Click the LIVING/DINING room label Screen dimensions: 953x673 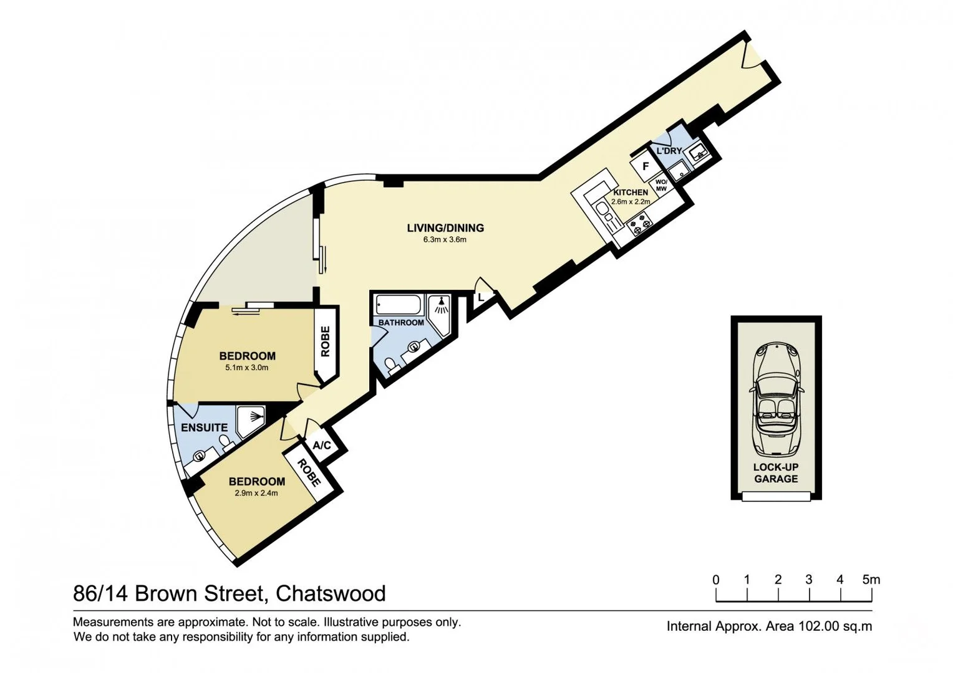[x=445, y=228]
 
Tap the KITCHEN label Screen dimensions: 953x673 [x=631, y=193]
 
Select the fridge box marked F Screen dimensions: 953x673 [x=646, y=166]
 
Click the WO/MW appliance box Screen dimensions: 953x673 [x=660, y=186]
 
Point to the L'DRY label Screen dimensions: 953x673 [x=669, y=151]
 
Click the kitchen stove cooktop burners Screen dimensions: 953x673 [x=640, y=223]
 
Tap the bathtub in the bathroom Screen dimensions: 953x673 [x=399, y=305]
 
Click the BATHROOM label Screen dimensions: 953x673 [x=401, y=323]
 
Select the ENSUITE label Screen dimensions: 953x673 [x=204, y=427]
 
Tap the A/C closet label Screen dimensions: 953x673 [x=322, y=446]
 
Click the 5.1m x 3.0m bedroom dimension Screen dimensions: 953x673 [x=247, y=368]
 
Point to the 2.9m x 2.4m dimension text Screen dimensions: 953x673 [x=256, y=493]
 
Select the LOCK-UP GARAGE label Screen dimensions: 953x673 [x=776, y=473]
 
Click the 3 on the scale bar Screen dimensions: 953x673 [x=809, y=580]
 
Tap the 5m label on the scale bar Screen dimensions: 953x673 [x=871, y=580]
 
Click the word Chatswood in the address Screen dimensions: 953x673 [x=331, y=593]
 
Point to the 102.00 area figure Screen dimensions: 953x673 [x=820, y=626]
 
